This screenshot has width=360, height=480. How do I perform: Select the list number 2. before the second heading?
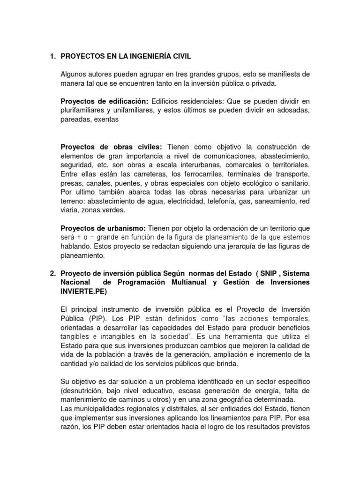[x=52, y=273]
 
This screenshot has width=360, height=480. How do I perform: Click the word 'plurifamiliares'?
[x=82, y=111]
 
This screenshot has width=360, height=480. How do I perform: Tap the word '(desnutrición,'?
[x=84, y=390]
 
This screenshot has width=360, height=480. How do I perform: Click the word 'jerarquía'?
[x=239, y=246]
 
